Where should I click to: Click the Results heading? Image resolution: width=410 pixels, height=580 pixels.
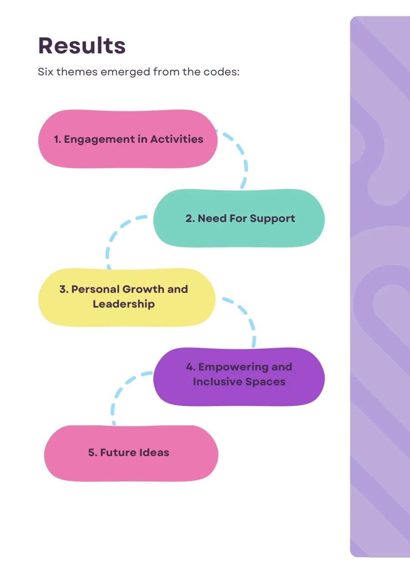pyautogui.click(x=82, y=46)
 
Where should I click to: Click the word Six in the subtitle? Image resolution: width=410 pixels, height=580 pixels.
pyautogui.click(x=45, y=72)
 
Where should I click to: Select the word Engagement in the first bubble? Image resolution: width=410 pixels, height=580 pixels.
pyautogui.click(x=99, y=140)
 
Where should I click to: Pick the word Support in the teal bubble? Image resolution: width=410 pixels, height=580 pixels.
pyautogui.click(x=272, y=219)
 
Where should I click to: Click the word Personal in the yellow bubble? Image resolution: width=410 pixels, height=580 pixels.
pyautogui.click(x=96, y=289)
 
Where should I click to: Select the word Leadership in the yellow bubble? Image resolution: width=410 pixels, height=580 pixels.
pyautogui.click(x=124, y=304)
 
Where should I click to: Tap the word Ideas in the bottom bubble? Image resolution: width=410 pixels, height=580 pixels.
pyautogui.click(x=154, y=453)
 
